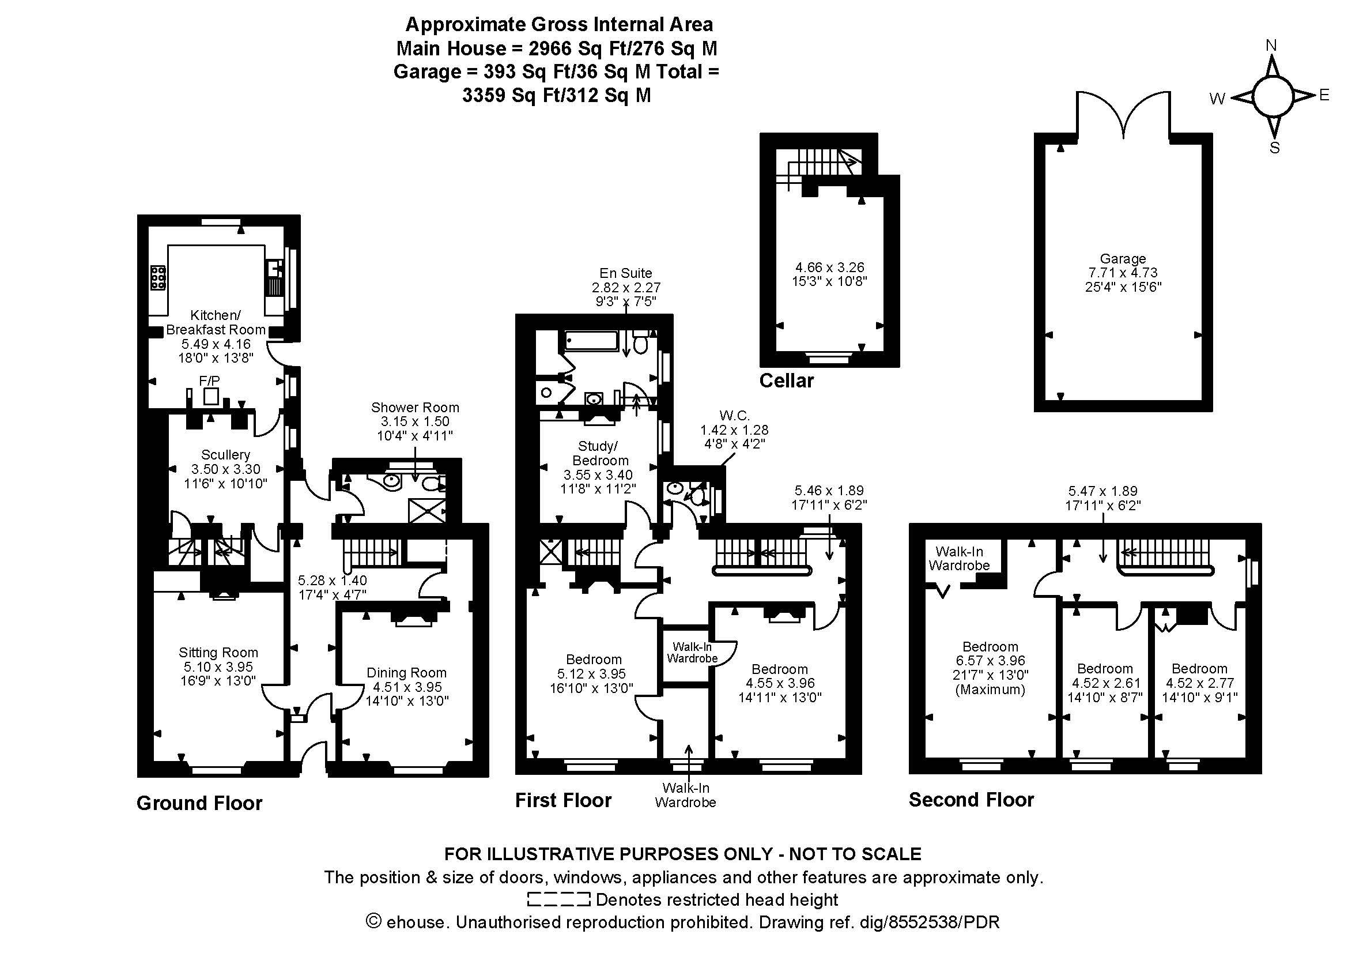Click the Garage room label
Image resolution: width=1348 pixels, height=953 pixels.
point(1123,258)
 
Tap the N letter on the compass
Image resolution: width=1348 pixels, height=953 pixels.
point(1271,45)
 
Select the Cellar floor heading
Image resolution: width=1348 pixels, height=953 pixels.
point(786,381)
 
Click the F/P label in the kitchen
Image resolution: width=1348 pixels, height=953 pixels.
point(209,381)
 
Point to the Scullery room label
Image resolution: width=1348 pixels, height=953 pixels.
point(225,454)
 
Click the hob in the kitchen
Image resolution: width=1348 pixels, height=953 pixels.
point(158,277)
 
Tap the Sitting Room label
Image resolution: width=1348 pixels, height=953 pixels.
point(218,653)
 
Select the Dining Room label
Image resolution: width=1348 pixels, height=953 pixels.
point(406,672)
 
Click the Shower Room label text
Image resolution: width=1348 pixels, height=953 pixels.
point(414,407)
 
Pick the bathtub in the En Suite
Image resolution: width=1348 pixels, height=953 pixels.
point(591,341)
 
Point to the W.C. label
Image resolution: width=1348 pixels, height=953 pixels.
point(734,416)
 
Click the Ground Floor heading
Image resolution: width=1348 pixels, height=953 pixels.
point(199,803)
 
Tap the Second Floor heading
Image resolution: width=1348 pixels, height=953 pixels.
point(971,799)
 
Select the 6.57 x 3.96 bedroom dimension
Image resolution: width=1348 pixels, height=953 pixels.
point(990,661)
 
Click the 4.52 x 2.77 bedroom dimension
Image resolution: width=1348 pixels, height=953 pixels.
point(1199,683)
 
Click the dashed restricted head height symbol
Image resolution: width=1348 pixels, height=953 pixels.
point(558,899)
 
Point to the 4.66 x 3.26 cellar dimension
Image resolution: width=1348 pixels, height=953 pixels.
point(828,266)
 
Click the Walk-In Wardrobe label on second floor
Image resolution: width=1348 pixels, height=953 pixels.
point(959,559)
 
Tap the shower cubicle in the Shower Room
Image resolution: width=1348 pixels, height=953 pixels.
point(426,510)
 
